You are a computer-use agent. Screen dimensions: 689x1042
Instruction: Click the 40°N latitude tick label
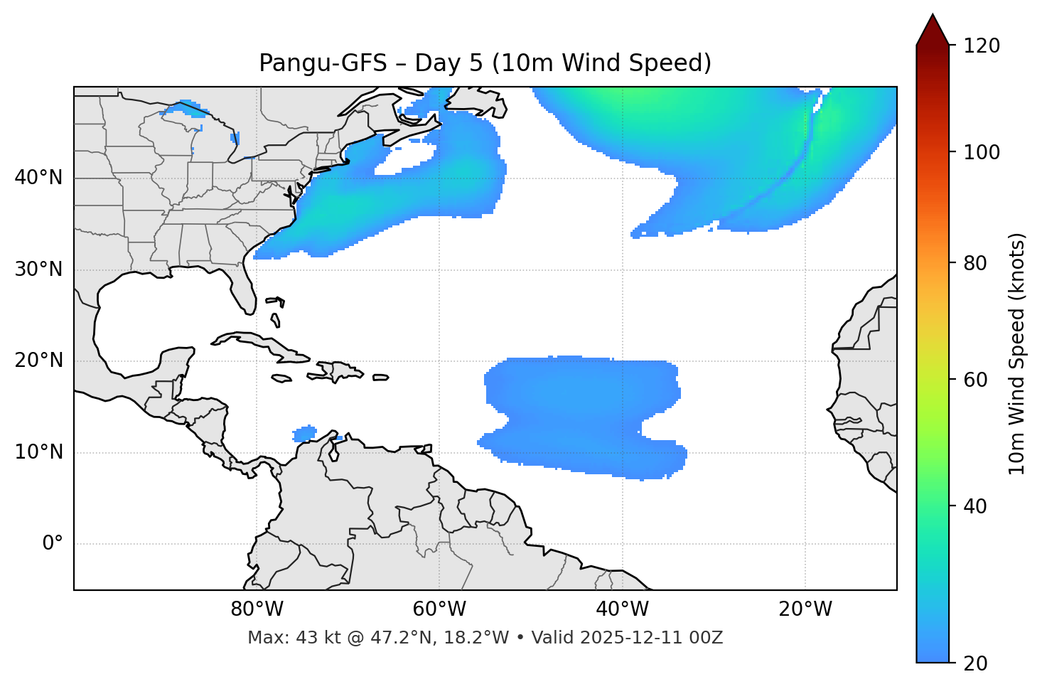[x=38, y=178]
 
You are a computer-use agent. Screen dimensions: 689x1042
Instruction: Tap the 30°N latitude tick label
[x=38, y=269]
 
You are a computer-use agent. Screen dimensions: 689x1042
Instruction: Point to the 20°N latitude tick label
[x=38, y=360]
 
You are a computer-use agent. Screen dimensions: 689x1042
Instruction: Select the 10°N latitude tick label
[x=38, y=452]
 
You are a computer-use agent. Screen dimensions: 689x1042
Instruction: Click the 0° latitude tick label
[x=53, y=544]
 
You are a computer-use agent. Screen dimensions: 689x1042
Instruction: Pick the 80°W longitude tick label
[x=257, y=609]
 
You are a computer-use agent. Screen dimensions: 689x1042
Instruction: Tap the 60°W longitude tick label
[x=439, y=609]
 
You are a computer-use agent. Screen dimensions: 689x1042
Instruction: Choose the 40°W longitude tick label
[x=622, y=609]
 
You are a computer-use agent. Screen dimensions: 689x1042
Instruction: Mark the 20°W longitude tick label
[x=805, y=609]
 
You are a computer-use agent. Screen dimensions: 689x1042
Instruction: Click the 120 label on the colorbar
[x=982, y=46]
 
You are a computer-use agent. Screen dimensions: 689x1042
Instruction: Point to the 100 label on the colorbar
[x=982, y=152]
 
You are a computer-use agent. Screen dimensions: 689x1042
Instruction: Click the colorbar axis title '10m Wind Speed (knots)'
[x=1017, y=353]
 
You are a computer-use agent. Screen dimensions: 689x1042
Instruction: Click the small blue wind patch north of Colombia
[x=305, y=433]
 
